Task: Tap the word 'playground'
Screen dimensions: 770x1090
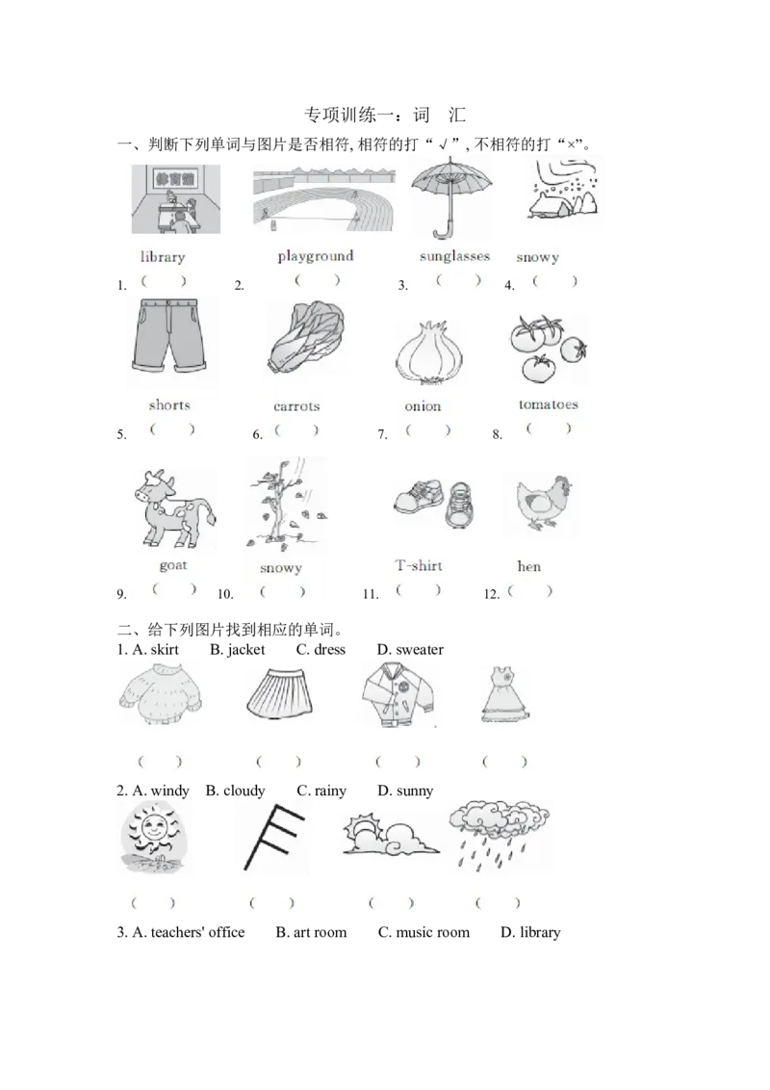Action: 316,256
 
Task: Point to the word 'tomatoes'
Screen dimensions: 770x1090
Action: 549,404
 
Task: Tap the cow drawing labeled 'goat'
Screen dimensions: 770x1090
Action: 174,508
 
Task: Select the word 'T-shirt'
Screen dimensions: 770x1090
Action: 419,566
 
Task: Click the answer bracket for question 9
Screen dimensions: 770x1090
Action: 174,589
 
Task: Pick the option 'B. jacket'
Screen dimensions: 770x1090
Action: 238,649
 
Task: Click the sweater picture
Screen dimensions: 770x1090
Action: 161,694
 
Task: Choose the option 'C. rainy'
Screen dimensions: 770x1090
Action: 321,791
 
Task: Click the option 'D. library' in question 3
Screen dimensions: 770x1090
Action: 530,932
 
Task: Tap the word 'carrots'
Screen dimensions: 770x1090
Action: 296,406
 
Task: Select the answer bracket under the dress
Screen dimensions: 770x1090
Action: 504,762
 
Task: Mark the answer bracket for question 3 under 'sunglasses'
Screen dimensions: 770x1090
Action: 458,280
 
